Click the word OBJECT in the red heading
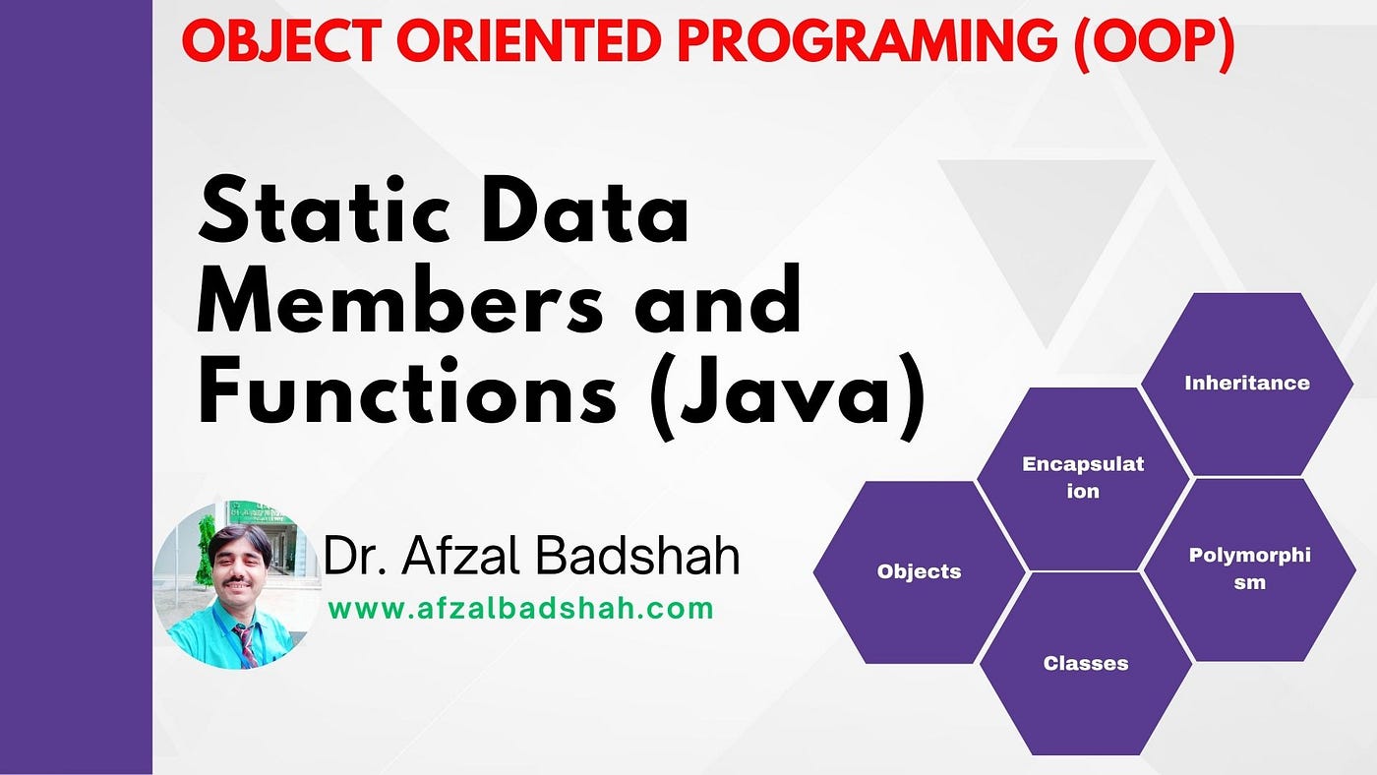click(x=281, y=41)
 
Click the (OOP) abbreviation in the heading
click(x=1155, y=44)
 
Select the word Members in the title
click(x=400, y=299)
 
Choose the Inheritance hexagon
click(x=1247, y=384)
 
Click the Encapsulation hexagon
click(x=1083, y=478)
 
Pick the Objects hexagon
click(x=919, y=572)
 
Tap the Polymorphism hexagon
click(x=1249, y=569)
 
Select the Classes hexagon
click(x=1086, y=664)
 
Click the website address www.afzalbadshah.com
click(x=520, y=609)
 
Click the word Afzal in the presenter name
click(x=461, y=556)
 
